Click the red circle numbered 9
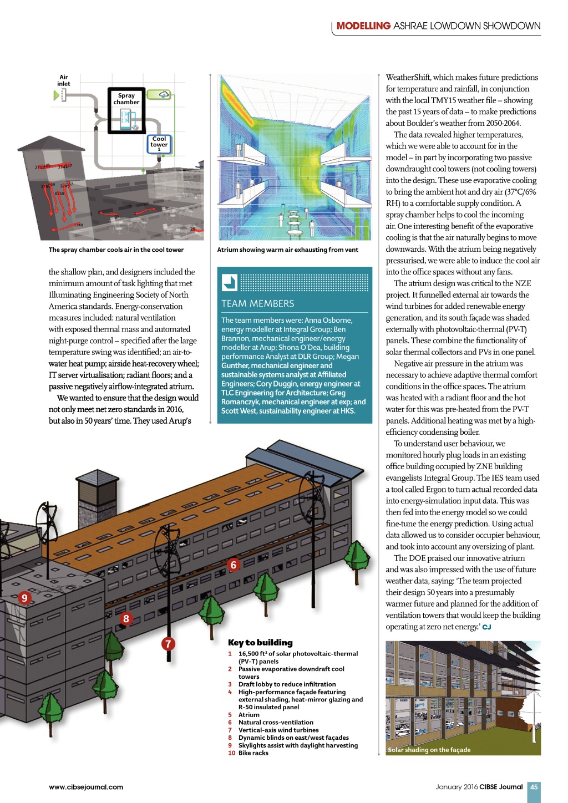coord(24,598)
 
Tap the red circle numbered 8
coord(126,619)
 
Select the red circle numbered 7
coord(168,644)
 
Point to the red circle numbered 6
coord(234,565)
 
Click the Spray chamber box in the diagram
coord(126,111)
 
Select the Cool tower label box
coord(159,144)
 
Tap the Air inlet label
coord(64,81)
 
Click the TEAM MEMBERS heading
coord(258,304)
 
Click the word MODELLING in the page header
coord(363,26)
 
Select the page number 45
coord(534,787)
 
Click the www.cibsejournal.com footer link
coord(86,787)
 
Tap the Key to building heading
coord(260,643)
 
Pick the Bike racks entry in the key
coord(253,753)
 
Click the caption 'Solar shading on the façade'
coord(429,750)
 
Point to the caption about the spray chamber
coord(116,250)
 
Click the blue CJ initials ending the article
coord(487,627)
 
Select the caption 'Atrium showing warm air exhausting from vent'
coord(287,250)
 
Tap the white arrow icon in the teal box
coord(230,282)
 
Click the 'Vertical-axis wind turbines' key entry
coord(278,730)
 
